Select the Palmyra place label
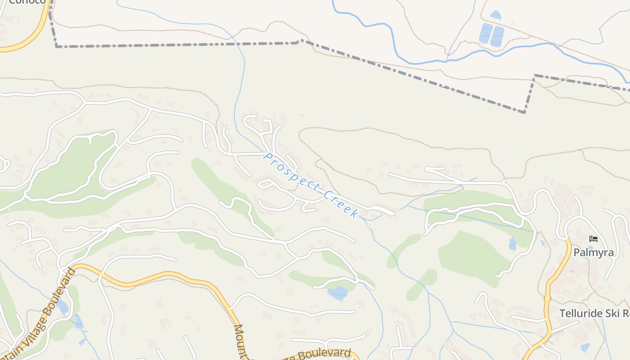click(593, 252)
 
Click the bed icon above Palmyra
click(594, 238)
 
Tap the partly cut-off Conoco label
click(27, 2)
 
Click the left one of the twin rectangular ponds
click(486, 33)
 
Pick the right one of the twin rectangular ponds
click(497, 36)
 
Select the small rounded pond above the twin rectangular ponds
click(495, 15)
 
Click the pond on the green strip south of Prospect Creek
click(337, 293)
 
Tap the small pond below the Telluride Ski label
click(585, 347)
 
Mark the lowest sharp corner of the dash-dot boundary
click(524, 112)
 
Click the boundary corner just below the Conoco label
click(57, 46)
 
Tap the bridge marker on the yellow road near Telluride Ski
click(548, 298)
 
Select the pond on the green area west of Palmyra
click(512, 244)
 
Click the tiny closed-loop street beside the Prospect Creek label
click(265, 184)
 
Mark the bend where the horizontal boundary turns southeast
click(301, 41)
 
